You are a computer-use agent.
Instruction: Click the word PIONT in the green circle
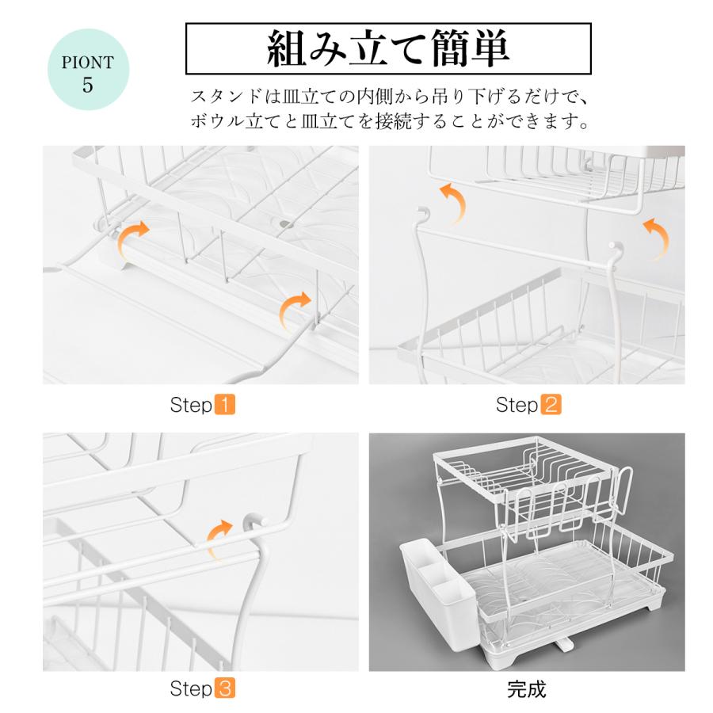88,63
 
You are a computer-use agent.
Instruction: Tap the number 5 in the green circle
88,85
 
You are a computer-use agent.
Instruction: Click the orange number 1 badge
225,404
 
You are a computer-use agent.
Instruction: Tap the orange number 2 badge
551,404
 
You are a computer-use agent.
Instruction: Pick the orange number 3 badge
225,688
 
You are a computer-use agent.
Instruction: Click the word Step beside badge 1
191,405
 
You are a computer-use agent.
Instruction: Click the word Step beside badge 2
517,405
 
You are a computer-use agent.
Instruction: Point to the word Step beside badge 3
191,688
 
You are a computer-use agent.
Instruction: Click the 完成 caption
527,689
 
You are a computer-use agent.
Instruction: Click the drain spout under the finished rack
564,643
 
